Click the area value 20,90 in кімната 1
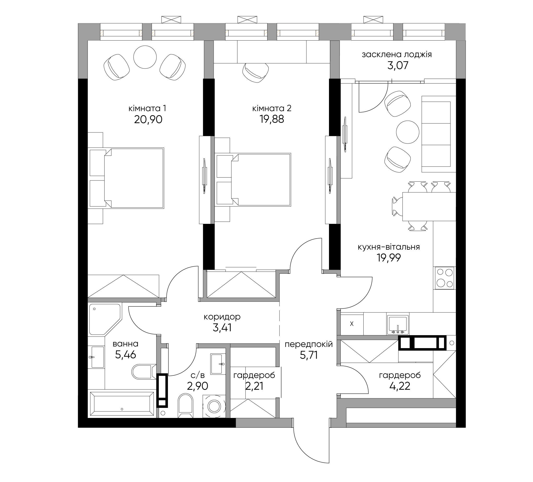[148, 119]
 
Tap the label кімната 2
[272, 108]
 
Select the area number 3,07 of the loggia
[398, 65]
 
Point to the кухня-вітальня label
[389, 247]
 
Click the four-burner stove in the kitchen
[444, 278]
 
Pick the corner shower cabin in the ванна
[105, 319]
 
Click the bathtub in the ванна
[122, 404]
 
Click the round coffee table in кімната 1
[145, 57]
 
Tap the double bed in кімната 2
[253, 179]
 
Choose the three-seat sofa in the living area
[438, 134]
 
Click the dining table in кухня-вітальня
[429, 206]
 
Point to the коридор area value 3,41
[222, 328]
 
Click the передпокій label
[309, 345]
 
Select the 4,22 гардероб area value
[400, 386]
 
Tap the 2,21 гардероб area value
[254, 386]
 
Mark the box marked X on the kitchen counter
[352, 324]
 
